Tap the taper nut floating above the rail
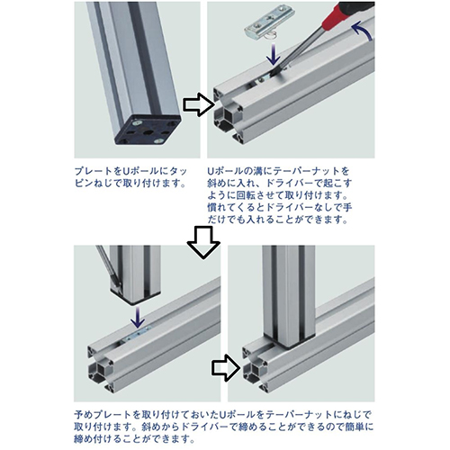(x=269, y=25)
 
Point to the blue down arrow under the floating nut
(x=273, y=54)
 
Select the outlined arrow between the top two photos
(x=199, y=104)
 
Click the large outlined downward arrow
(x=203, y=242)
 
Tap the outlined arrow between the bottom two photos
(x=226, y=368)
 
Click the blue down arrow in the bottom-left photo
(x=138, y=317)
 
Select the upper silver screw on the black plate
(x=138, y=122)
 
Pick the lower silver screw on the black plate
(x=158, y=140)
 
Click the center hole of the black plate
(x=148, y=132)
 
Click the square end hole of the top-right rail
(x=228, y=116)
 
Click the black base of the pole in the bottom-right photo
(x=288, y=340)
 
